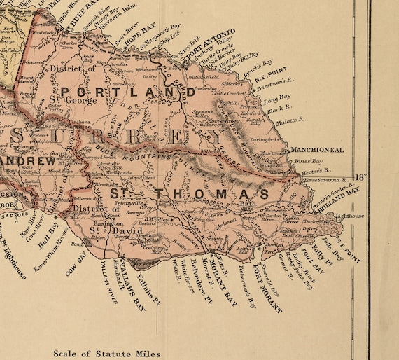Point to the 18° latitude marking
point(360,176)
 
